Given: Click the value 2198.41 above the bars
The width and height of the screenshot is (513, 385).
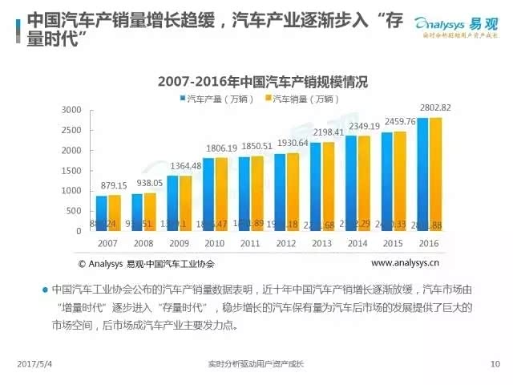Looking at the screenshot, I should click(x=328, y=132).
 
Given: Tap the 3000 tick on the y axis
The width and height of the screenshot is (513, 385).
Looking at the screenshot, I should click(x=71, y=110).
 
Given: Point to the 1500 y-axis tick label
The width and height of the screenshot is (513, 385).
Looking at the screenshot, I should click(x=71, y=171).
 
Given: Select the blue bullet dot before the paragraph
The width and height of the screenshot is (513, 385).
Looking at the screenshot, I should click(x=46, y=289).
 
